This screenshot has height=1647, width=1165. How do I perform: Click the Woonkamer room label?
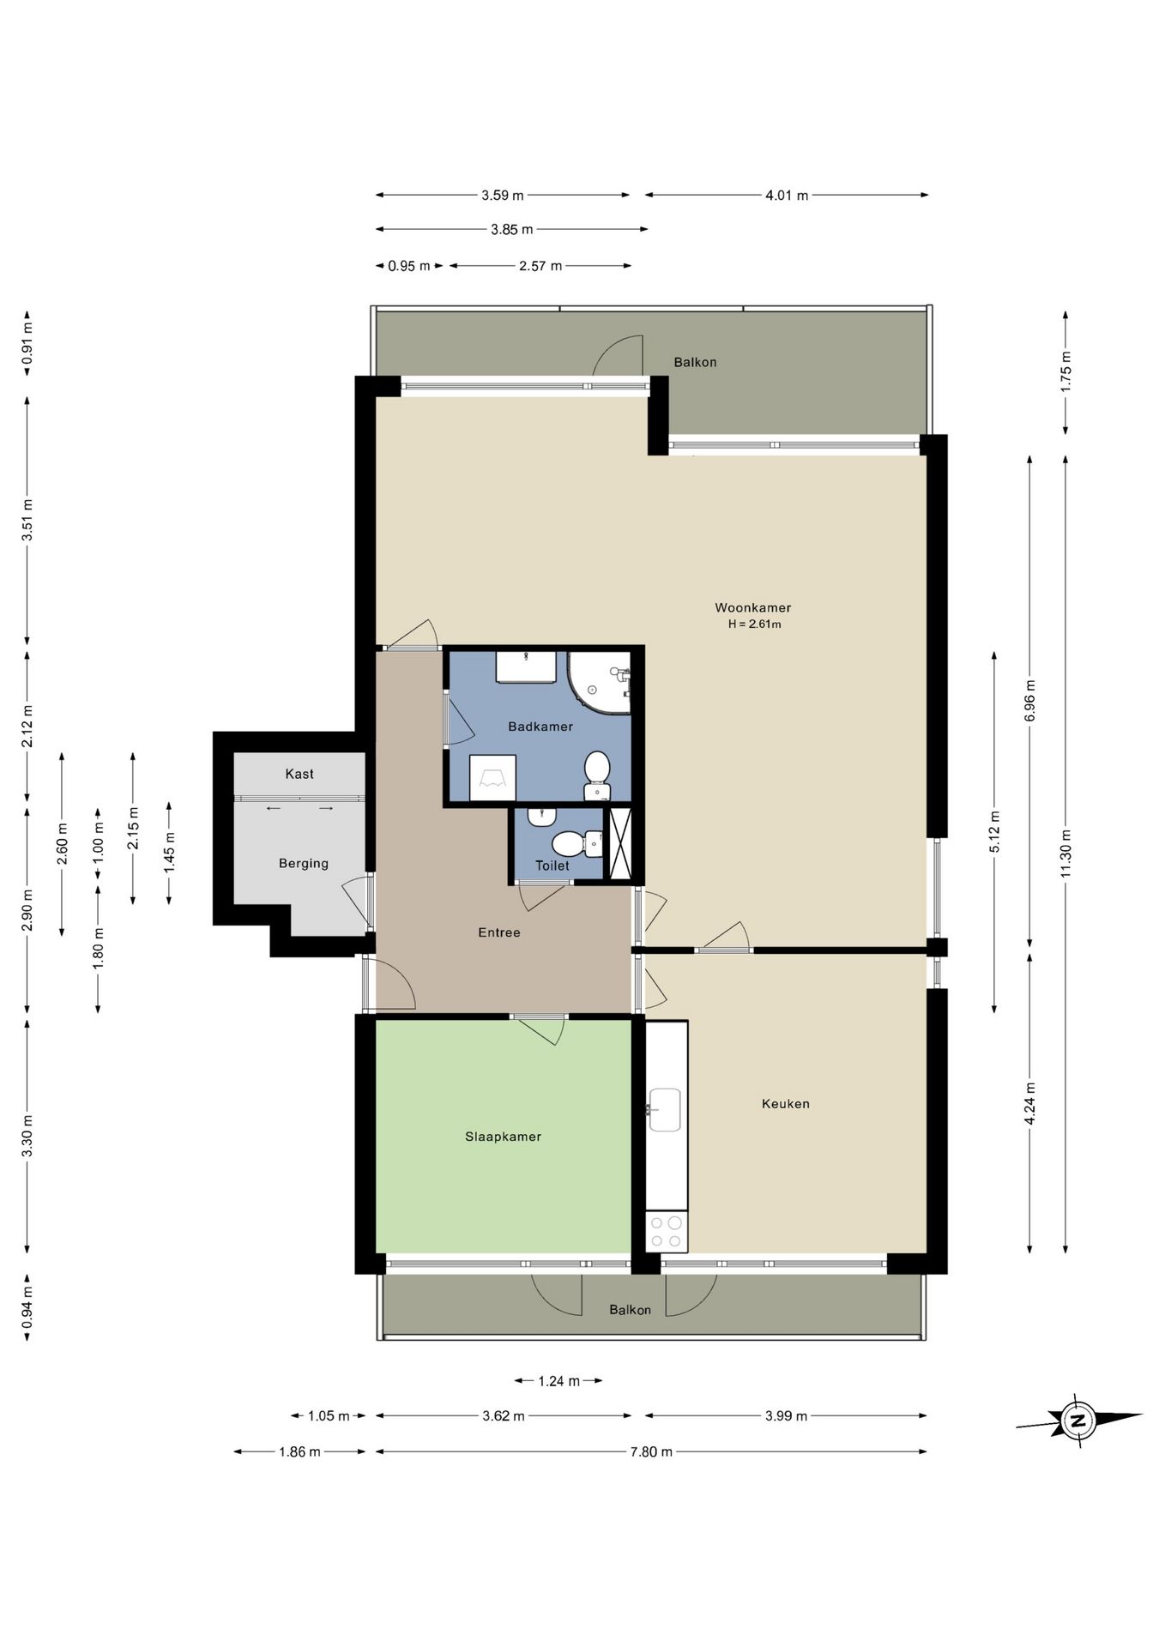[x=752, y=607]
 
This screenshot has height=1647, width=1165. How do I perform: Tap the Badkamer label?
[x=540, y=727]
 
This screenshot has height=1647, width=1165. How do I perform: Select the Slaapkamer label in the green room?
[x=503, y=1137]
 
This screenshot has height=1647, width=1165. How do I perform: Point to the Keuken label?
[x=785, y=1104]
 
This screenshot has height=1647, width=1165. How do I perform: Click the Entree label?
[x=499, y=932]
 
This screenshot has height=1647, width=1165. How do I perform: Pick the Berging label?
[x=304, y=864]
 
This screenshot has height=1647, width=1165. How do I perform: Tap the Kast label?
[x=299, y=774]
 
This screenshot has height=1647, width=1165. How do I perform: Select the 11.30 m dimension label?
[x=1065, y=853]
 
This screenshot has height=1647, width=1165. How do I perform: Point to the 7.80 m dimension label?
[x=651, y=1451]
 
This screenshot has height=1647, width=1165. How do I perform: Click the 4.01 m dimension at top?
[x=787, y=195]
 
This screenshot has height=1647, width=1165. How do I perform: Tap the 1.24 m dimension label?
[x=558, y=1381]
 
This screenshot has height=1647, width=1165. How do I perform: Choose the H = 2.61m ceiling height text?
[x=754, y=624]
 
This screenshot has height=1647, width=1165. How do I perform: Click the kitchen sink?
[x=665, y=1110]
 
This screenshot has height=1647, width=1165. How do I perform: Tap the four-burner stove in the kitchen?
[x=667, y=1232]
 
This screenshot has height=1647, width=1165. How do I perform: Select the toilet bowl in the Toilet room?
[x=577, y=844]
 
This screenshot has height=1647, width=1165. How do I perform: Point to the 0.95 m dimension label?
[x=408, y=266]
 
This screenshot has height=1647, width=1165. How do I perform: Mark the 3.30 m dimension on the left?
[x=27, y=1137]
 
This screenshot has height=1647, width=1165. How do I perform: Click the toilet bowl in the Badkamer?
[x=597, y=775]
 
